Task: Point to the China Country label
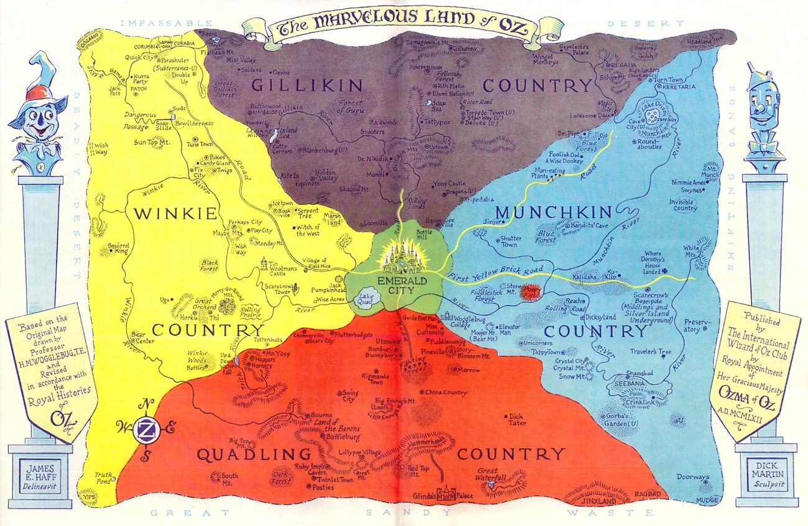point(445,392)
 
